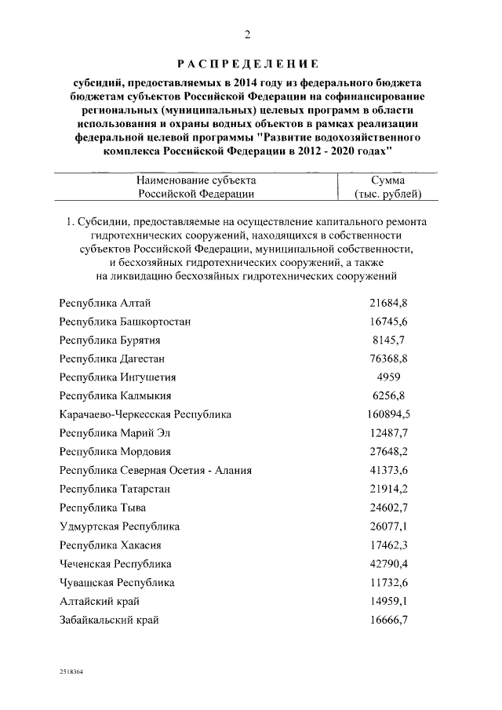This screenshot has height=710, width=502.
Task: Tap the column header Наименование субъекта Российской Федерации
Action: [196, 186]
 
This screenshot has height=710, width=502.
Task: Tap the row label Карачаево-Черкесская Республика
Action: [145, 414]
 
